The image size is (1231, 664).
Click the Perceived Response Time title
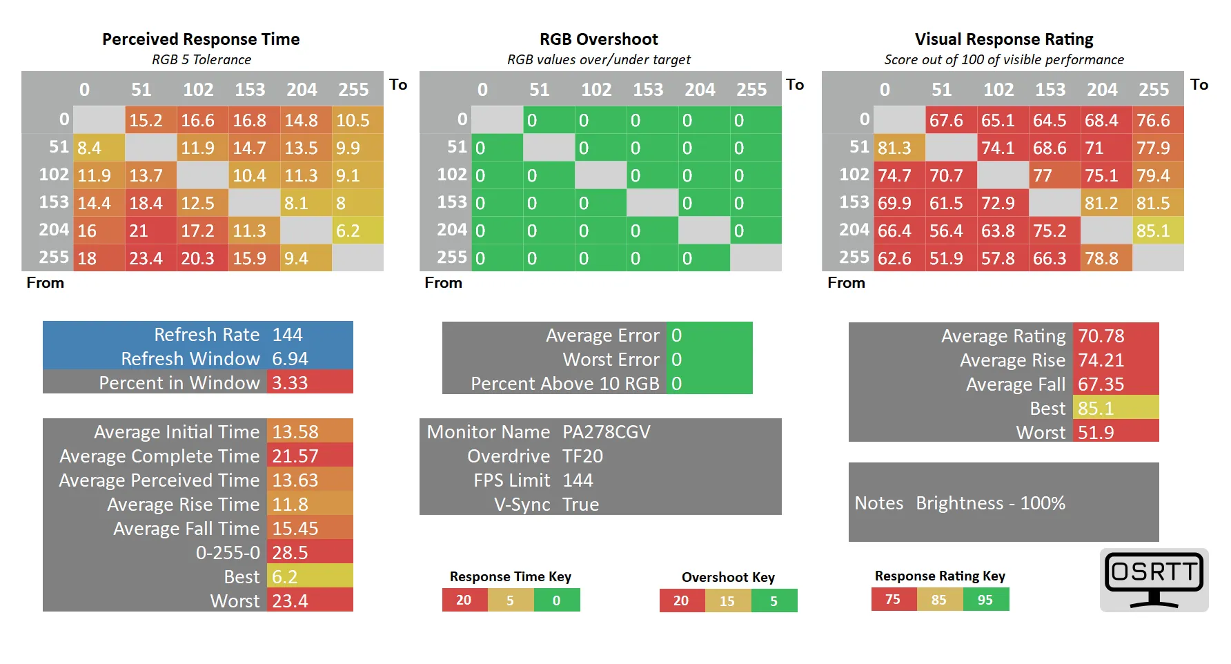[201, 39]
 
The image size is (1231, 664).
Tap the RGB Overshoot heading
[598, 39]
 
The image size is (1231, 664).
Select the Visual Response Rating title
[1003, 39]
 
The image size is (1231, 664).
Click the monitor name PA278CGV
[607, 432]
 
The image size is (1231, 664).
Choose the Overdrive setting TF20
[583, 456]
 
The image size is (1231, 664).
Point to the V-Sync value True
[581, 505]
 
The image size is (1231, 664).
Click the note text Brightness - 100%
[990, 503]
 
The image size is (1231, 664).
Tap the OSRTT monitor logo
[1154, 580]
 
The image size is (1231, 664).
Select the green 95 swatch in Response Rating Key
[985, 600]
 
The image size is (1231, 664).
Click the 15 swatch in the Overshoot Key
[727, 601]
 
